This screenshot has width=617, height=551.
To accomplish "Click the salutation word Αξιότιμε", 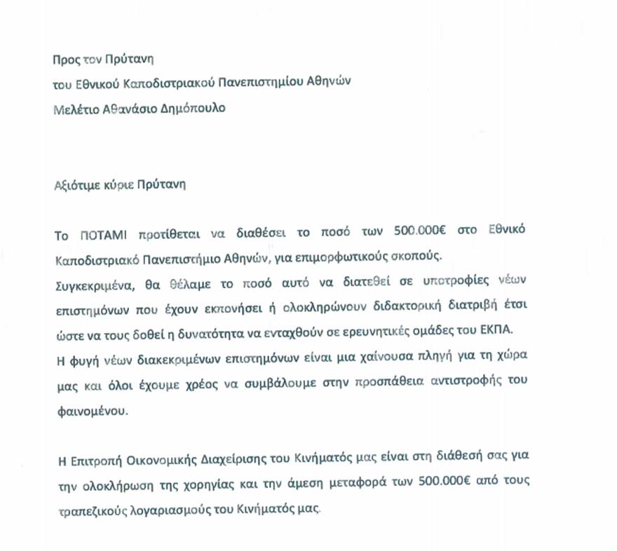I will click(76, 186).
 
